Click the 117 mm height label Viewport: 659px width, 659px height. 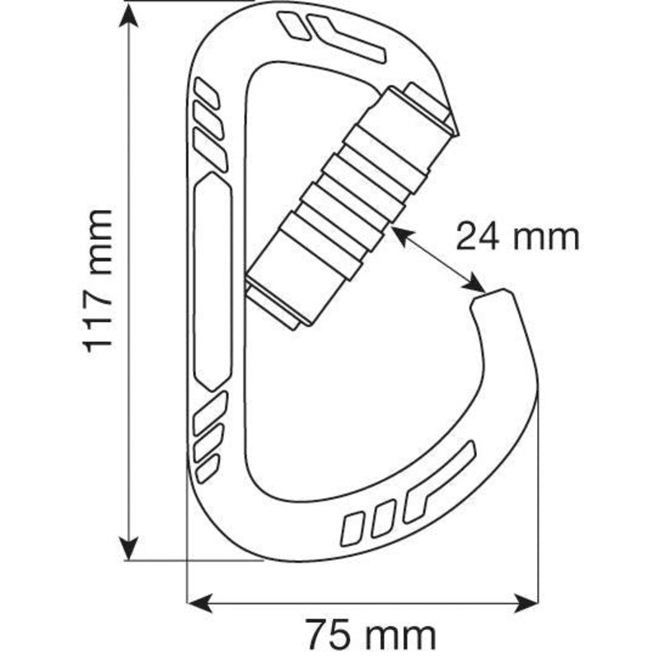[97, 281]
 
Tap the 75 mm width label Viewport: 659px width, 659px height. [371, 633]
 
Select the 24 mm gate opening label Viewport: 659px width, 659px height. [518, 236]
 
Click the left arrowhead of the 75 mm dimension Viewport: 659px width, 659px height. [199, 604]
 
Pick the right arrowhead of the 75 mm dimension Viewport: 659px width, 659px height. [526, 604]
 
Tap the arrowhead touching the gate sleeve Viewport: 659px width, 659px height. [402, 236]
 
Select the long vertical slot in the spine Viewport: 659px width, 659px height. [213, 281]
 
